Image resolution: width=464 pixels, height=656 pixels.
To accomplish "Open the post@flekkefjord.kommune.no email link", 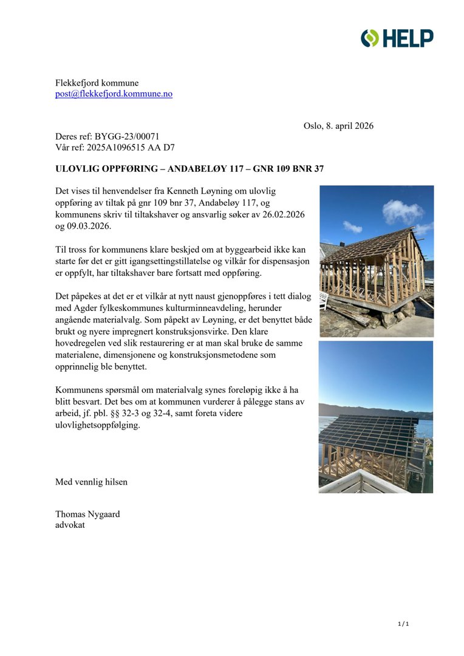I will tap(114, 94).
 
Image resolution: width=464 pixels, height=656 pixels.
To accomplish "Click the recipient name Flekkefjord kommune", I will tap(97, 83).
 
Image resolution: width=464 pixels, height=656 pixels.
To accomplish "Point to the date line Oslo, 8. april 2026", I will tap(338, 126).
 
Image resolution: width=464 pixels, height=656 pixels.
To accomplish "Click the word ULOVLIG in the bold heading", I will tap(77, 168).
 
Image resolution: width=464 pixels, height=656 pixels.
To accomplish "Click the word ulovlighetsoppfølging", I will tap(97, 426).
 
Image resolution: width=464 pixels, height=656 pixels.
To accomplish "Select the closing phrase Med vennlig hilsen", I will tap(91, 482).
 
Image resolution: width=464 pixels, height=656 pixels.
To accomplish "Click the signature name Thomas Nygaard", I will tap(87, 514).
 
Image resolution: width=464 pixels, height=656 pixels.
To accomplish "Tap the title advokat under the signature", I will tap(70, 525).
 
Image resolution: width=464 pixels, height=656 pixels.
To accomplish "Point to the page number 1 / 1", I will tap(403, 624).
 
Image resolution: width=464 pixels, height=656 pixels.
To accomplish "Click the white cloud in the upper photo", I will tap(403, 212).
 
